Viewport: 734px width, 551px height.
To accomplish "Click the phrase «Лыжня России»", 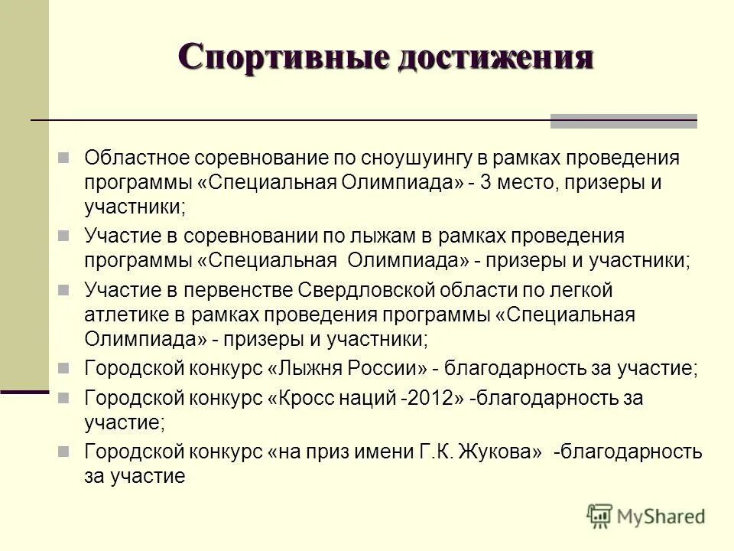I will pos(346,369).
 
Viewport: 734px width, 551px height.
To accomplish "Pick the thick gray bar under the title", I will pos(623,121).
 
